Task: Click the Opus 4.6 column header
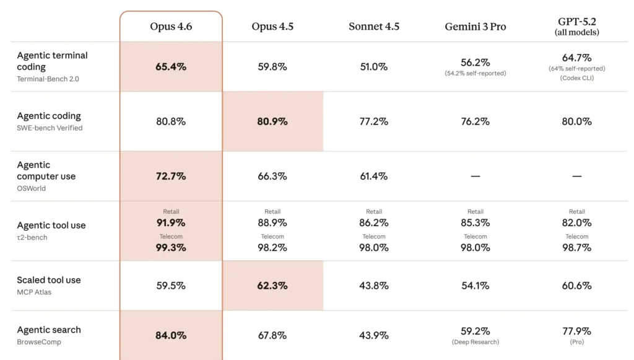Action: [171, 27]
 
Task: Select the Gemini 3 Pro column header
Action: [475, 27]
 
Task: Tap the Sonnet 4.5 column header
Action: [374, 27]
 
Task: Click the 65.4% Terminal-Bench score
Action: [171, 67]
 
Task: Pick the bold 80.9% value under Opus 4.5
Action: [272, 121]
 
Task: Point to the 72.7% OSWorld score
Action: [171, 176]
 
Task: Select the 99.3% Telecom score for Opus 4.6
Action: [171, 247]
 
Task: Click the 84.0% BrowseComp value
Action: [171, 335]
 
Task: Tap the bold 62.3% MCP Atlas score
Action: [272, 286]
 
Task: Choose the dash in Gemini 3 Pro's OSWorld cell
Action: [475, 176]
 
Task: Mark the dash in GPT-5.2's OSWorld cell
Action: [576, 176]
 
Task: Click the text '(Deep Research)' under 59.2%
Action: [475, 342]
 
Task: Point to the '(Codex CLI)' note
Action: [576, 78]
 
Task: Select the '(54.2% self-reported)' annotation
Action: [475, 74]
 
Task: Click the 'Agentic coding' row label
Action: [49, 116]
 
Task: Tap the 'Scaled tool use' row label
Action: [49, 280]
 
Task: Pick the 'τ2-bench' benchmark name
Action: [32, 237]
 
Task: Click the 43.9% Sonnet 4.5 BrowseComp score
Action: [374, 335]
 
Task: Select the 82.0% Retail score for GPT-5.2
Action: [576, 222]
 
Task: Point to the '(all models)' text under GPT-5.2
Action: [576, 32]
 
